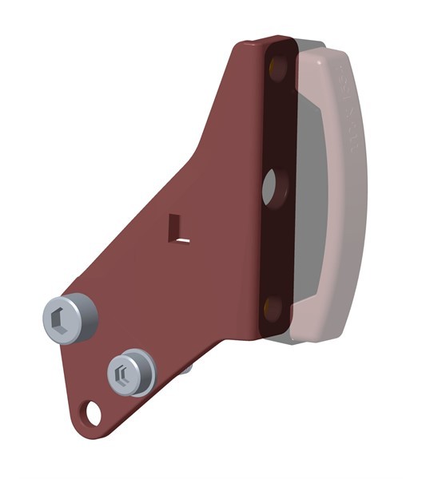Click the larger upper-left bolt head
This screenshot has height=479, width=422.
(x=67, y=319)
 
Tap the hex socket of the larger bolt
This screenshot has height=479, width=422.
(x=58, y=321)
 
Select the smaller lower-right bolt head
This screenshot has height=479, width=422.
(x=130, y=372)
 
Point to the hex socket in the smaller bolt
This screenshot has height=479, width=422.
(x=122, y=374)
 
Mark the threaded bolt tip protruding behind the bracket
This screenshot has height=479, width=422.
(x=185, y=368)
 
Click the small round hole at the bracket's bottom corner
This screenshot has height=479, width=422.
(x=94, y=414)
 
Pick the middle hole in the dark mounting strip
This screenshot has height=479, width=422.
(x=270, y=186)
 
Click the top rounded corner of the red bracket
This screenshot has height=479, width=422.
(x=248, y=46)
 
